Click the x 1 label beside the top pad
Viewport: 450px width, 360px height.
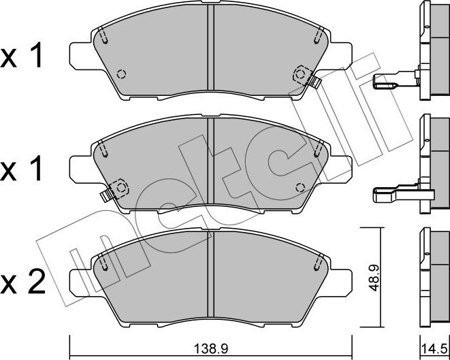point(22,57)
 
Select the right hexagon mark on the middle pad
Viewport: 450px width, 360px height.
point(300,186)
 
